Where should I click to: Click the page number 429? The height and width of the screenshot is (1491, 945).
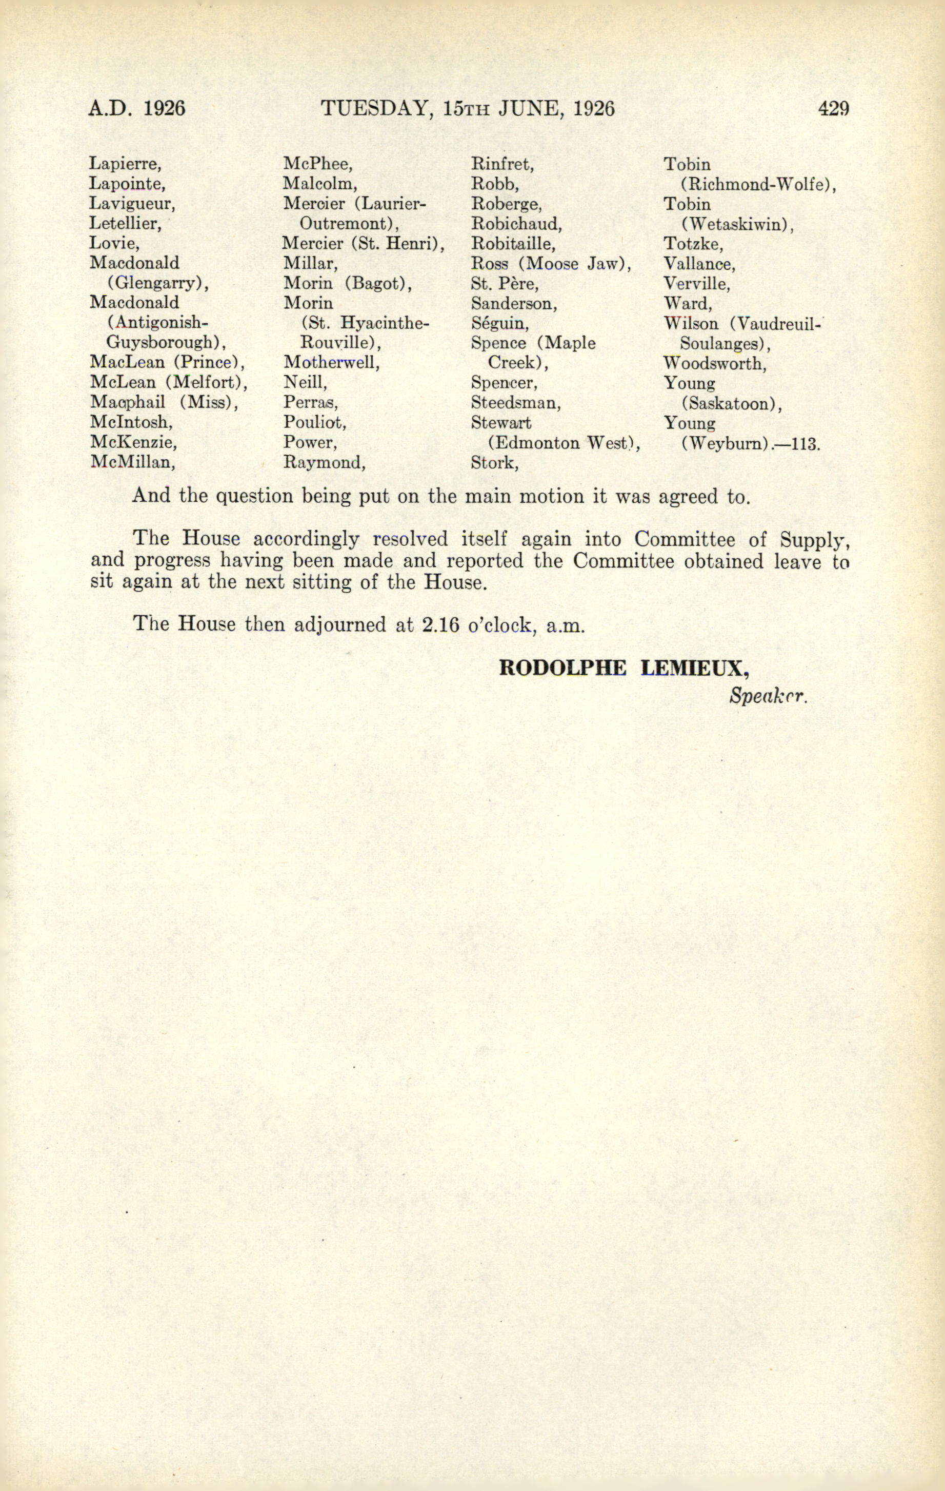pos(833,108)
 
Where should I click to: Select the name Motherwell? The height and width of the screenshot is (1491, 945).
pos(331,362)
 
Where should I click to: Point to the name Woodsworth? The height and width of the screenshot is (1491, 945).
pos(715,363)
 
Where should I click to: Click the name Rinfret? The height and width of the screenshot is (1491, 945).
pos(502,164)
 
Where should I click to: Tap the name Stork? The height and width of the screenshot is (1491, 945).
pos(494,462)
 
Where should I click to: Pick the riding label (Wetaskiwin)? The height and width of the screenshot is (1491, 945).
pos(737,224)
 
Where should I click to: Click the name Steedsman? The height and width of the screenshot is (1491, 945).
pos(515,403)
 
